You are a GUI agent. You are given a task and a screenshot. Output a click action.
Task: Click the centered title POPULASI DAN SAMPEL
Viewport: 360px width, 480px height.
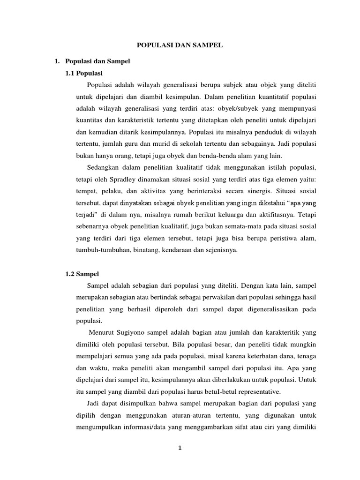tap(180, 45)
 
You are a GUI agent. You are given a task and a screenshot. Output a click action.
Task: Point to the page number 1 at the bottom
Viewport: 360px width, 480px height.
tap(180, 448)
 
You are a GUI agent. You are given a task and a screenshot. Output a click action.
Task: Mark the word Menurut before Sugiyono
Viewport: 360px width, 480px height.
tap(106, 332)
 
